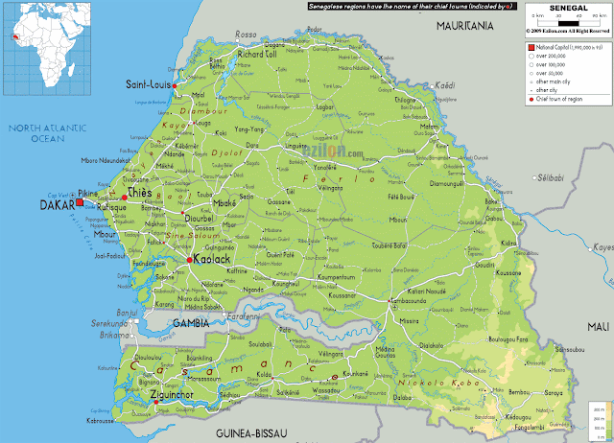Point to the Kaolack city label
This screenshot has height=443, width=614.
211,259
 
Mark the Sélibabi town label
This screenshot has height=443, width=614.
552,179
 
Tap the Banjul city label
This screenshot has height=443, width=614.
143,312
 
